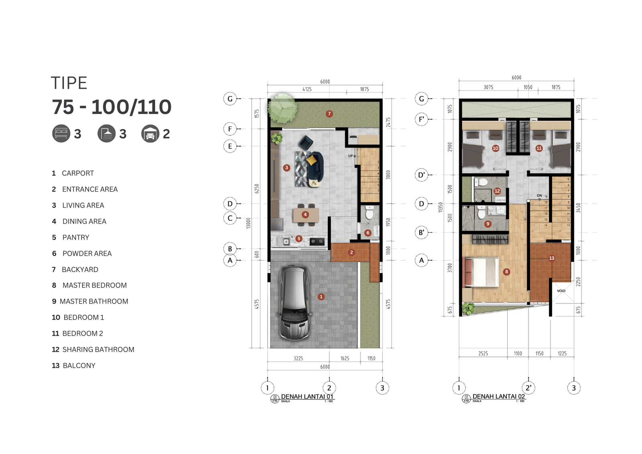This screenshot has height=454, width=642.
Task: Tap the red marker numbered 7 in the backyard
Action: [329, 114]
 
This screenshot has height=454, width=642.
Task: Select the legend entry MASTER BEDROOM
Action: [94, 285]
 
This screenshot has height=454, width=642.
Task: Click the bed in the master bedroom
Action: [482, 272]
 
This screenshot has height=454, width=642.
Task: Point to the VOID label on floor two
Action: [561, 291]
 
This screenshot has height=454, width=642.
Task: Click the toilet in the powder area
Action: [369, 212]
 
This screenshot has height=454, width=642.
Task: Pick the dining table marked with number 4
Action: [306, 215]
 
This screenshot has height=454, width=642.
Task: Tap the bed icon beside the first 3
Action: [61, 134]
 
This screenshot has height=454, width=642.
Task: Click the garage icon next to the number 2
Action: [150, 134]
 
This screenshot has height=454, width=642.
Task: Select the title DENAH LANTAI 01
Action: [307, 397]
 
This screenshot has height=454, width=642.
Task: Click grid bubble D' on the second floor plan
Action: [421, 175]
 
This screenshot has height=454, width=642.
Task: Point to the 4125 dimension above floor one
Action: [307, 89]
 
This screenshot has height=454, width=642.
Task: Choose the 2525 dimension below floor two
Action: [483, 354]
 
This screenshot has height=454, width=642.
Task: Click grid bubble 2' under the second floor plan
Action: [528, 388]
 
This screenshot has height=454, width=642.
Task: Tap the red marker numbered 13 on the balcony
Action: [552, 258]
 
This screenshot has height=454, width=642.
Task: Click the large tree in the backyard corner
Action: [282, 108]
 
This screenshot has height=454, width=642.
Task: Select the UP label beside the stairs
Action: [350, 156]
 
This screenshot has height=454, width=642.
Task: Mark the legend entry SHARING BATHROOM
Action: [98, 350]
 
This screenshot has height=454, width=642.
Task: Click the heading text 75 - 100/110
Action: [112, 107]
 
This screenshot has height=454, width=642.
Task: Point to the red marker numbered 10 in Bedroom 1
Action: [496, 148]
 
